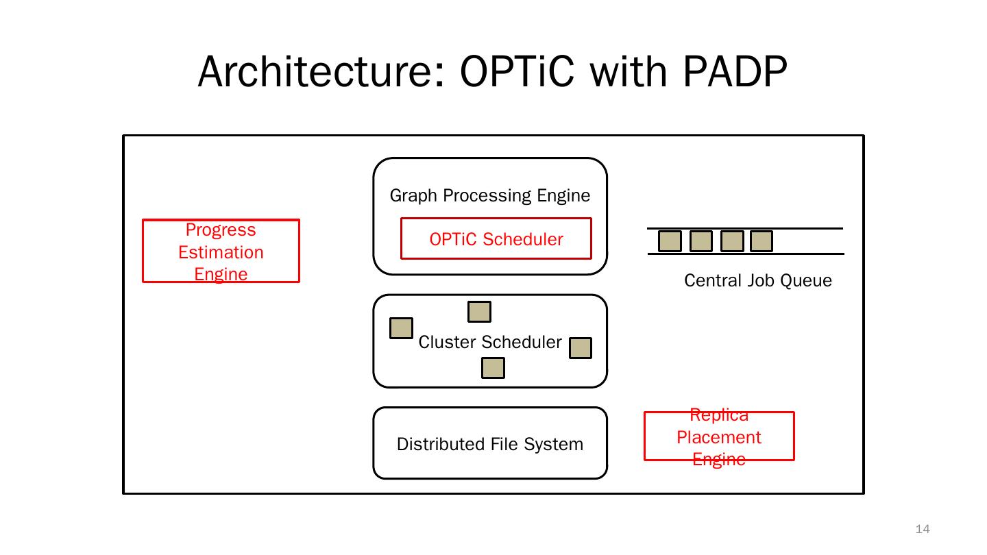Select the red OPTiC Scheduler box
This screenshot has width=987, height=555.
(496, 239)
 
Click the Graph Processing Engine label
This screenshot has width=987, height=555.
(489, 196)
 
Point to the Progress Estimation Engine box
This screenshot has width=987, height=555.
(221, 251)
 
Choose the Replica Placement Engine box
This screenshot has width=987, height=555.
(719, 436)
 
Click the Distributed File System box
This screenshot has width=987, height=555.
(489, 444)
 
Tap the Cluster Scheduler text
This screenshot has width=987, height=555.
(489, 343)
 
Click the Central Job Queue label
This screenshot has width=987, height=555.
(757, 281)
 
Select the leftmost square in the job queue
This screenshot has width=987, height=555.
(670, 241)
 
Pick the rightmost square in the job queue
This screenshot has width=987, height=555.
(761, 241)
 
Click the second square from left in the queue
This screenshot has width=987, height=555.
(700, 241)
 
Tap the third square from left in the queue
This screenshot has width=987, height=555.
(732, 241)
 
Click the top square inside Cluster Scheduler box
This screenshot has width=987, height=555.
(479, 312)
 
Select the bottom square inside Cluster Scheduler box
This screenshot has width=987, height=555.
(493, 368)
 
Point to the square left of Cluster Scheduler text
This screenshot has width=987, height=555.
(401, 328)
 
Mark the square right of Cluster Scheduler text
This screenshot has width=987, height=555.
(581, 348)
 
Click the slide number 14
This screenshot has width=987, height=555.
(923, 529)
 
